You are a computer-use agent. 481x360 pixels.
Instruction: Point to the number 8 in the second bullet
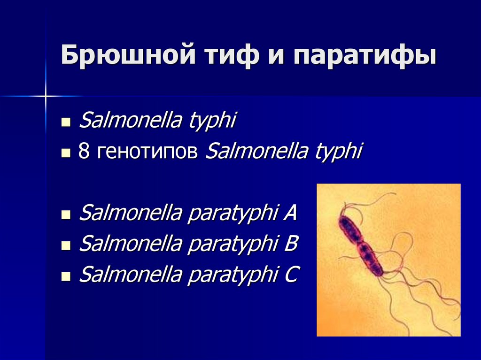84,153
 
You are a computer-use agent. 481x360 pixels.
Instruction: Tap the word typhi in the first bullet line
211,122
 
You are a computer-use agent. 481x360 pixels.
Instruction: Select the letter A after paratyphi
289,214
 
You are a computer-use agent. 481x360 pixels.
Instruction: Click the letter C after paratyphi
290,275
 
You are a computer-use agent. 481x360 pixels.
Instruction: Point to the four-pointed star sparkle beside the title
46,96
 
